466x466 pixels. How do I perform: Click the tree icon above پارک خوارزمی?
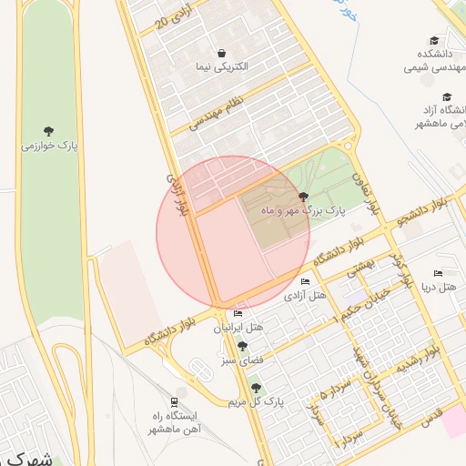click(x=48, y=131)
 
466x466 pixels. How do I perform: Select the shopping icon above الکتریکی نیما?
click(x=222, y=53)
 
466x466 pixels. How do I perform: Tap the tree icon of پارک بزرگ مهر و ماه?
click(x=303, y=198)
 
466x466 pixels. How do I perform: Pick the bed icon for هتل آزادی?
click(x=305, y=281)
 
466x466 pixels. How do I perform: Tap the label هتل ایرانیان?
click(x=238, y=327)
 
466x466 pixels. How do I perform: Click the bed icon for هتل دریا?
click(x=438, y=274)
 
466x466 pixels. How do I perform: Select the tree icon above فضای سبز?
click(x=241, y=346)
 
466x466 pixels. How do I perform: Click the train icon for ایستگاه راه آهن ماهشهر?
click(x=173, y=401)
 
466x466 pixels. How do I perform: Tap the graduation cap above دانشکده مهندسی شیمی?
click(x=434, y=40)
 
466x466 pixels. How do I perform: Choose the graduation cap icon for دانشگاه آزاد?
click(x=447, y=96)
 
